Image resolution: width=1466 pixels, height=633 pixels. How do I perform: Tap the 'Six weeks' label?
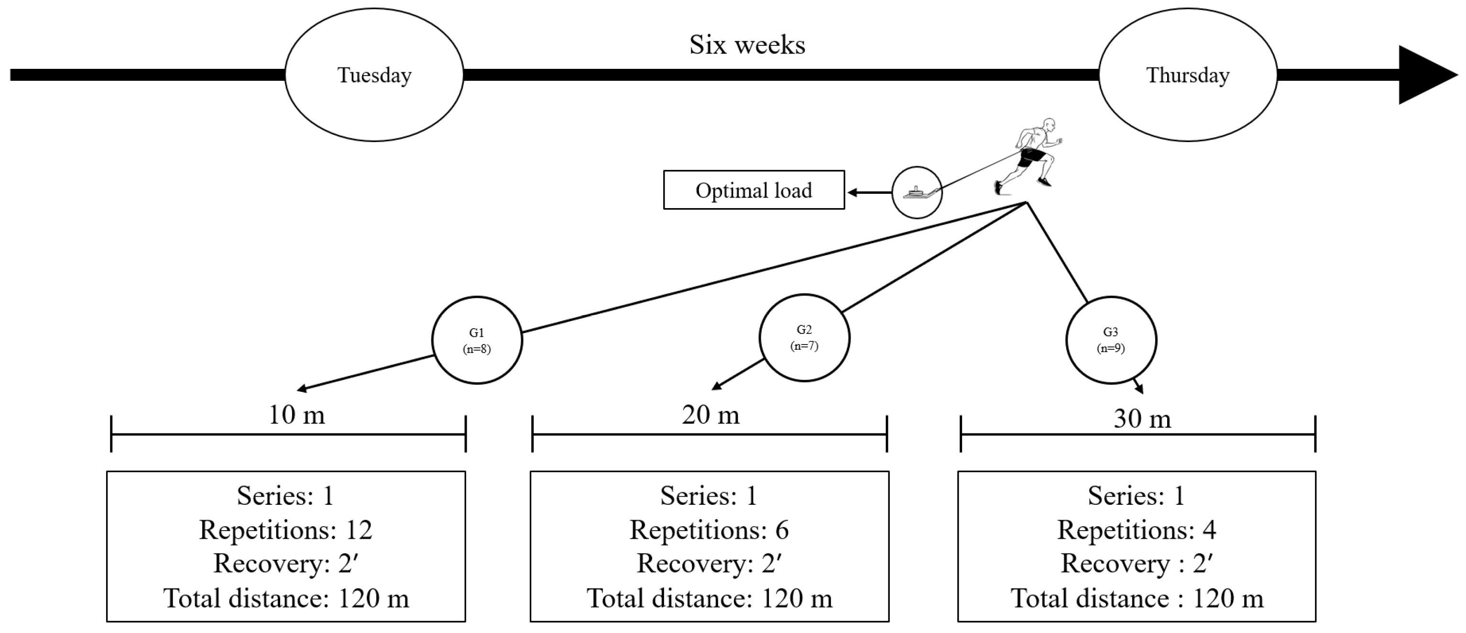747,44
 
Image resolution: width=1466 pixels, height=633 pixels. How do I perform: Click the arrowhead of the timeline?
1428,75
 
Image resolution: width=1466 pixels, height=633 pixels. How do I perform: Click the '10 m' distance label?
296,414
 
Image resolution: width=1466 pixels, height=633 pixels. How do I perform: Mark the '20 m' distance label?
711,414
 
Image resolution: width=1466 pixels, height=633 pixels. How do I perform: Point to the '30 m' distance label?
1142,419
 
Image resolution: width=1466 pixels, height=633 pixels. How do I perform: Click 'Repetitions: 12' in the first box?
285,530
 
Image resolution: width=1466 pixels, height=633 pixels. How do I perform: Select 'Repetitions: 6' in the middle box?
709,530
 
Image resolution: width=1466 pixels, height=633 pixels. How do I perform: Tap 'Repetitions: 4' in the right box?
1137,530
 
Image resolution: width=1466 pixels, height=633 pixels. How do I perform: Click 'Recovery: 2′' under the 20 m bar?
709,564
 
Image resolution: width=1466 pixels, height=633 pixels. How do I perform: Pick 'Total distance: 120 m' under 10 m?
286,598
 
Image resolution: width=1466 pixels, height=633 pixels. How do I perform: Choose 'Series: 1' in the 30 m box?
1137,495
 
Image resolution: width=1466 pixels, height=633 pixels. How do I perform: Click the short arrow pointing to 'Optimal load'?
869,192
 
